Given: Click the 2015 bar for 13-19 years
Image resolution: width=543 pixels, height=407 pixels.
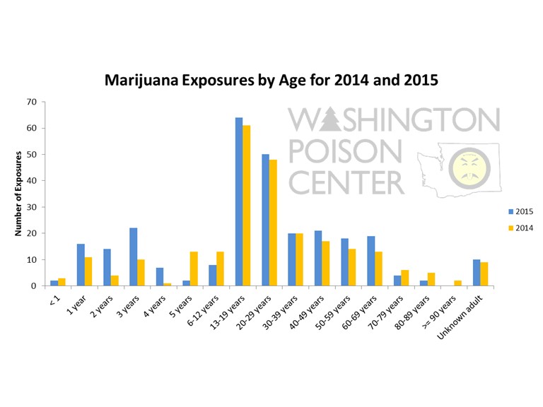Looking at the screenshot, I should [x=239, y=202].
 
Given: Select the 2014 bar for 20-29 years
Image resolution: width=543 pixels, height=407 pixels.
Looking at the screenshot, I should [x=272, y=223].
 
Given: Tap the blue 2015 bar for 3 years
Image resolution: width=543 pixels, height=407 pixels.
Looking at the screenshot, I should [x=133, y=257].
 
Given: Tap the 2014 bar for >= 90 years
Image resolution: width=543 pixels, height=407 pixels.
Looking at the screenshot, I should [x=457, y=283].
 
